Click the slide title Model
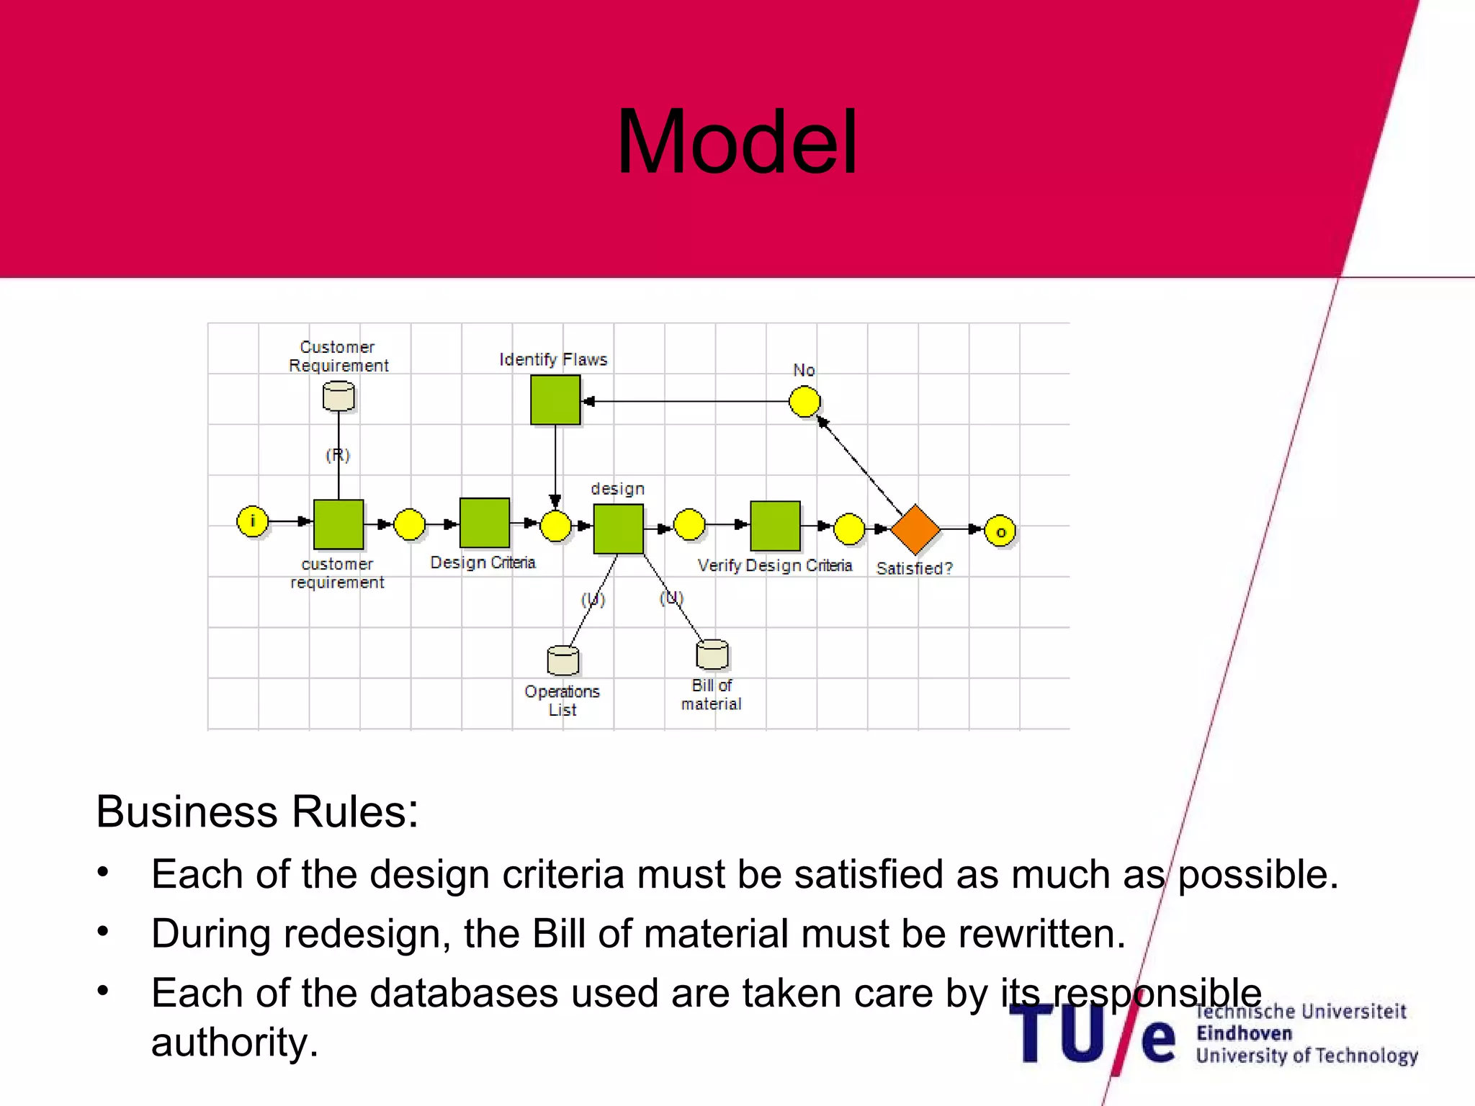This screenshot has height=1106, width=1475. (737, 142)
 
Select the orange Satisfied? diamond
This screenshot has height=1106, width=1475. (915, 529)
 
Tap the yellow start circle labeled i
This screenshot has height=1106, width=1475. (252, 521)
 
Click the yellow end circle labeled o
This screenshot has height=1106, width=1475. (1000, 531)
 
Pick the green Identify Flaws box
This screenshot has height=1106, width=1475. (555, 400)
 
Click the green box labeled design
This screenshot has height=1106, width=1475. (618, 529)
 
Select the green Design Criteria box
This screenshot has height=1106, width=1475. (484, 523)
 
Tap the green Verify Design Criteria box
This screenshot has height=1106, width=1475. (775, 526)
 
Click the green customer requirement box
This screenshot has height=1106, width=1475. (339, 524)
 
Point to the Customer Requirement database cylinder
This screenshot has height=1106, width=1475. (339, 396)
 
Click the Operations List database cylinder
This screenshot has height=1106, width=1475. (562, 660)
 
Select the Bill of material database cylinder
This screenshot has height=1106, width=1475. (712, 654)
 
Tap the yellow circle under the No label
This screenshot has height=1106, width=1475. (804, 401)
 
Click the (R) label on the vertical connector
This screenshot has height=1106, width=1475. (337, 455)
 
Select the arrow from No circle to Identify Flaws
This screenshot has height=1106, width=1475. (684, 401)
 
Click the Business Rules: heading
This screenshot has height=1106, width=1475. (257, 811)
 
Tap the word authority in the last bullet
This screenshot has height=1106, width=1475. (235, 1042)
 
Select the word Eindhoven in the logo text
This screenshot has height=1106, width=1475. (1244, 1033)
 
